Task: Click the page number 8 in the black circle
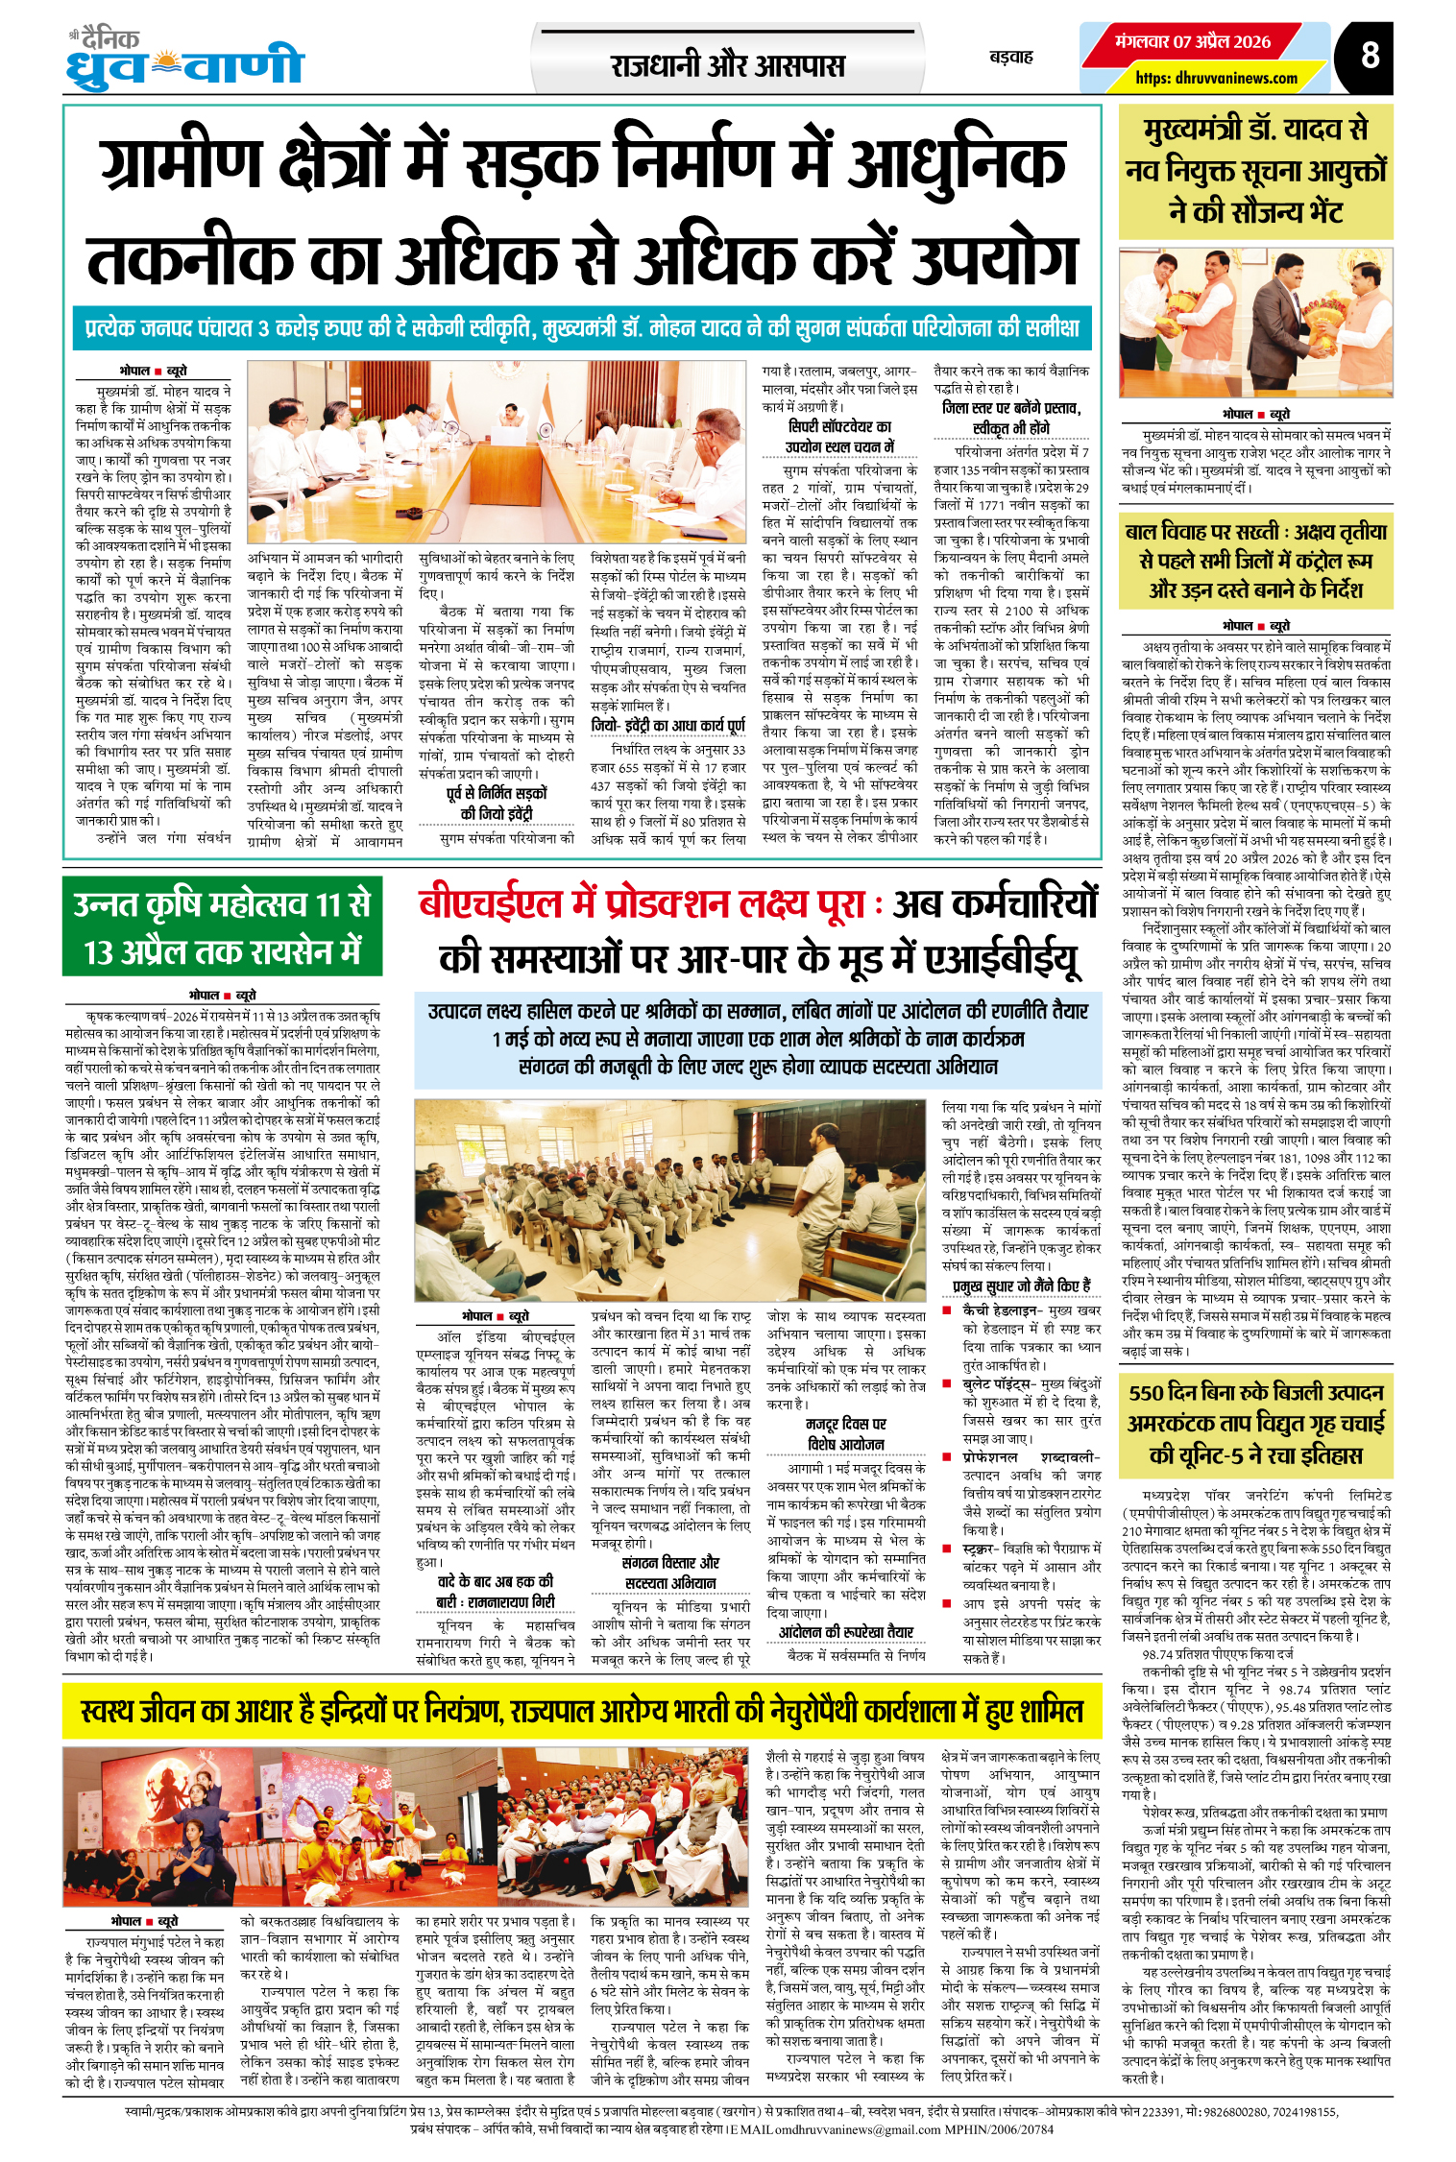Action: pos(1370,56)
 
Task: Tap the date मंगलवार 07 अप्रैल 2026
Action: pos(1193,42)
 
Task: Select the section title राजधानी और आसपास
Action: pos(727,66)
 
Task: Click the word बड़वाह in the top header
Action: pos(1011,57)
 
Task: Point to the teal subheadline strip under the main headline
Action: pos(582,328)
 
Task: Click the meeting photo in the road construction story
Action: pos(496,451)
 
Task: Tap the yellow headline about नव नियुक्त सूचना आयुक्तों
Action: pos(1255,171)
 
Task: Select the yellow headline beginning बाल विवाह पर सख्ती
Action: pos(1255,560)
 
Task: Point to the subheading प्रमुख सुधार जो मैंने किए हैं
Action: pos(1021,1285)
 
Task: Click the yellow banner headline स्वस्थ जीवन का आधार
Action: pos(582,1710)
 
